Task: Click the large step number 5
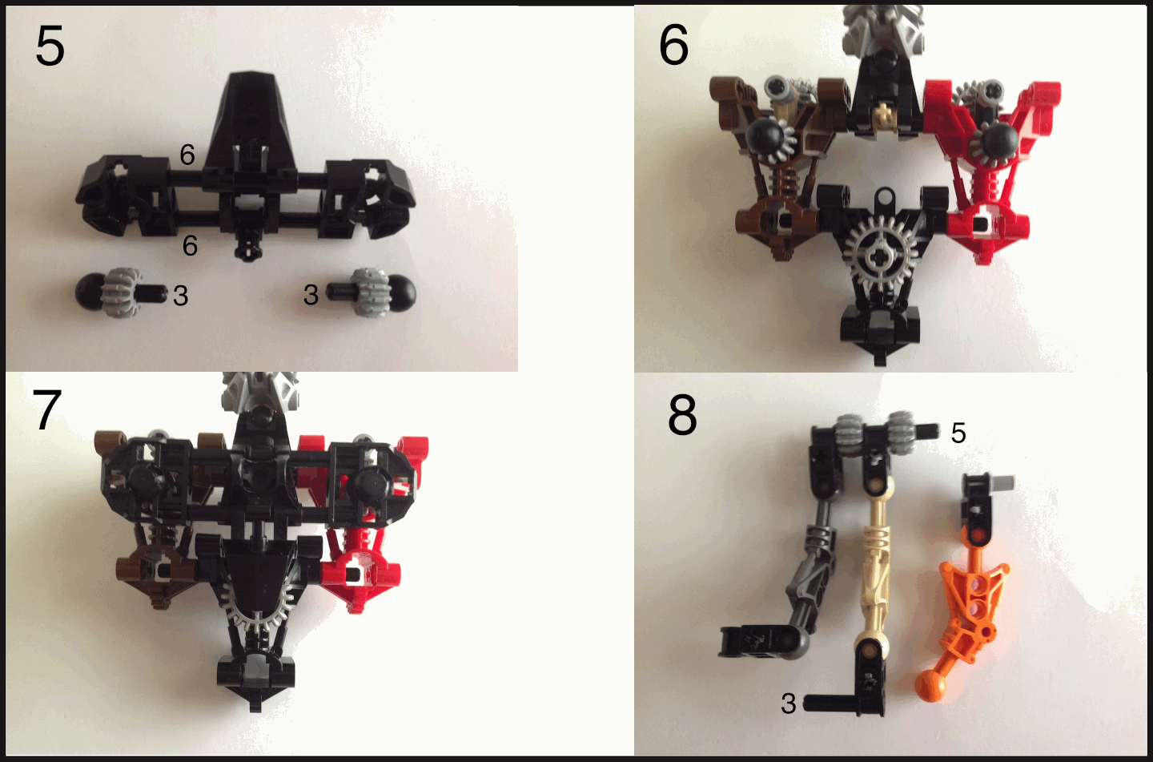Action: pos(50,46)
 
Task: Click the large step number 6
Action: pos(673,46)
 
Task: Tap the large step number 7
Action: pos(46,409)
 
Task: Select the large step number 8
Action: pos(682,415)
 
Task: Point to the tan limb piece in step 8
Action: pos(875,562)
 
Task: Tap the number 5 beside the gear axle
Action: pos(958,433)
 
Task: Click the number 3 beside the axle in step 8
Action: pos(788,704)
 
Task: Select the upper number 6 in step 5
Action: pos(187,155)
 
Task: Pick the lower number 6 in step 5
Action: pos(190,246)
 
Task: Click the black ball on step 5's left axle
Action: pos(90,292)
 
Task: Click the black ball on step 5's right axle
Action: pos(400,292)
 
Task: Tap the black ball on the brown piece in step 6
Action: pos(765,136)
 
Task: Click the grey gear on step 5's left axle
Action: pos(121,292)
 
